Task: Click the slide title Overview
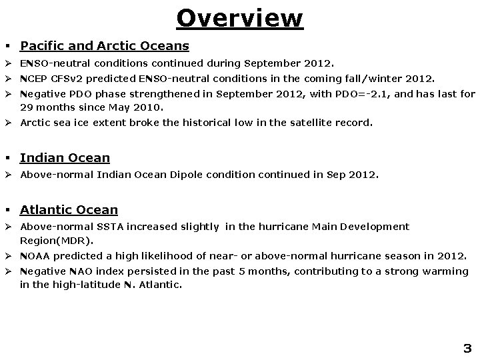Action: (239, 18)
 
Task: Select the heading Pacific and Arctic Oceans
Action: (104, 46)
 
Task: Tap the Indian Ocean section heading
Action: (65, 158)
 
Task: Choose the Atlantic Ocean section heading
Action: (69, 210)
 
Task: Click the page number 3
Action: (467, 348)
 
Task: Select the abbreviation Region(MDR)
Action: (57, 240)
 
